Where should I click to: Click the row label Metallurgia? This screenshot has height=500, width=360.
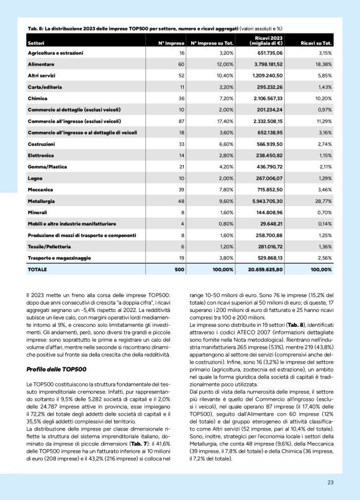(x=41, y=202)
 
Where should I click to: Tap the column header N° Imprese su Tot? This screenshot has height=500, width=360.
(x=211, y=43)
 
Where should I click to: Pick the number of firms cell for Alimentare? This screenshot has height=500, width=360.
(x=181, y=64)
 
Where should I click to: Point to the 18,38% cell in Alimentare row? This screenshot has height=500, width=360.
(x=322, y=64)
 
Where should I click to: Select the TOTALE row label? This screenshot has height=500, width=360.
(x=37, y=270)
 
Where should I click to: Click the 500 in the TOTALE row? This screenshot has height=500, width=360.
(x=180, y=270)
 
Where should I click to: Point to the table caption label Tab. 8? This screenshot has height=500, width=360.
(x=36, y=29)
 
